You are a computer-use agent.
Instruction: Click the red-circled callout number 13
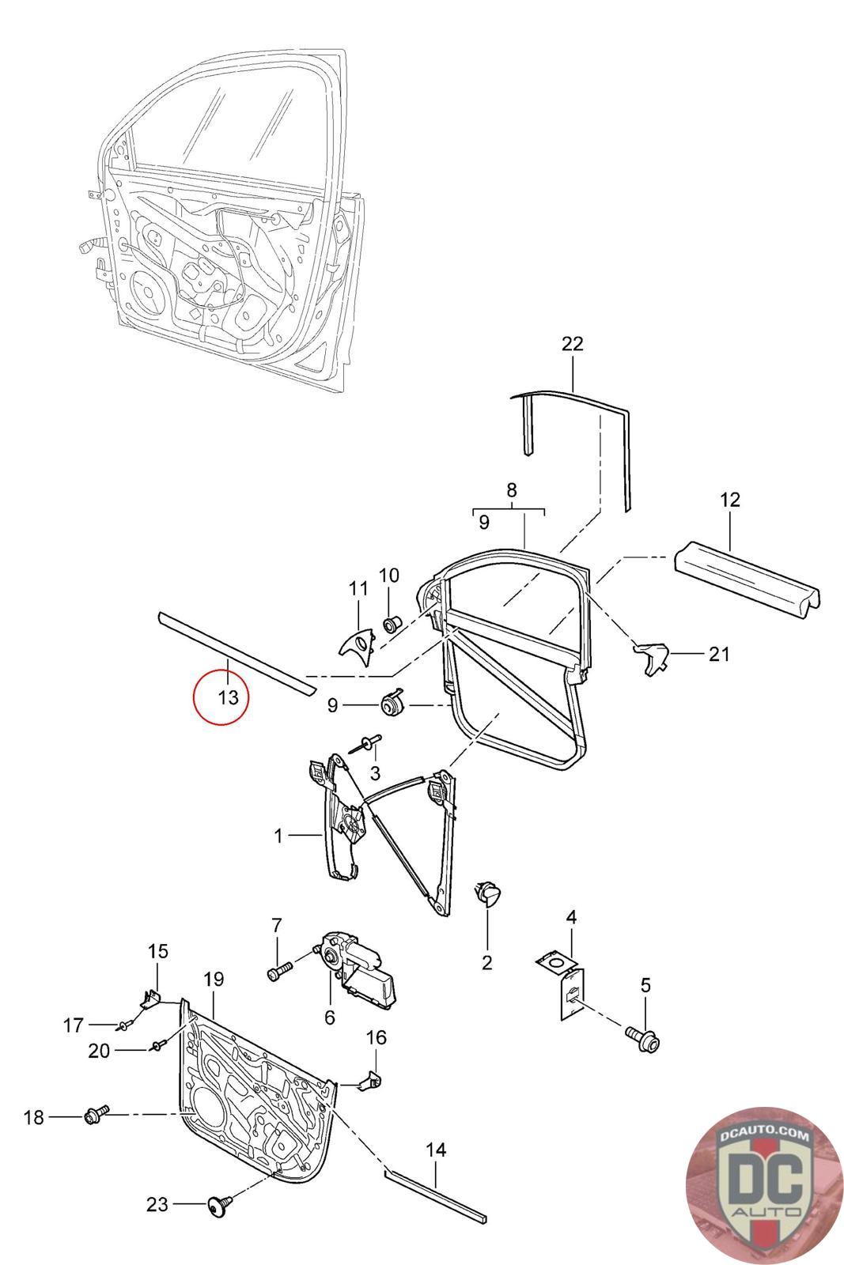coord(228,697)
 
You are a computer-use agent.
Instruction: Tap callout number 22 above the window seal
coord(572,343)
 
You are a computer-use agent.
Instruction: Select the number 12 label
coord(730,500)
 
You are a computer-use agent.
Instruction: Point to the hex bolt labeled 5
coord(642,1036)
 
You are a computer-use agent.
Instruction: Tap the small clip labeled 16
coord(369,1079)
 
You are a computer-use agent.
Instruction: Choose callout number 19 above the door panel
coord(214,980)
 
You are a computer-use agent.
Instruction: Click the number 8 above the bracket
coord(512,489)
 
